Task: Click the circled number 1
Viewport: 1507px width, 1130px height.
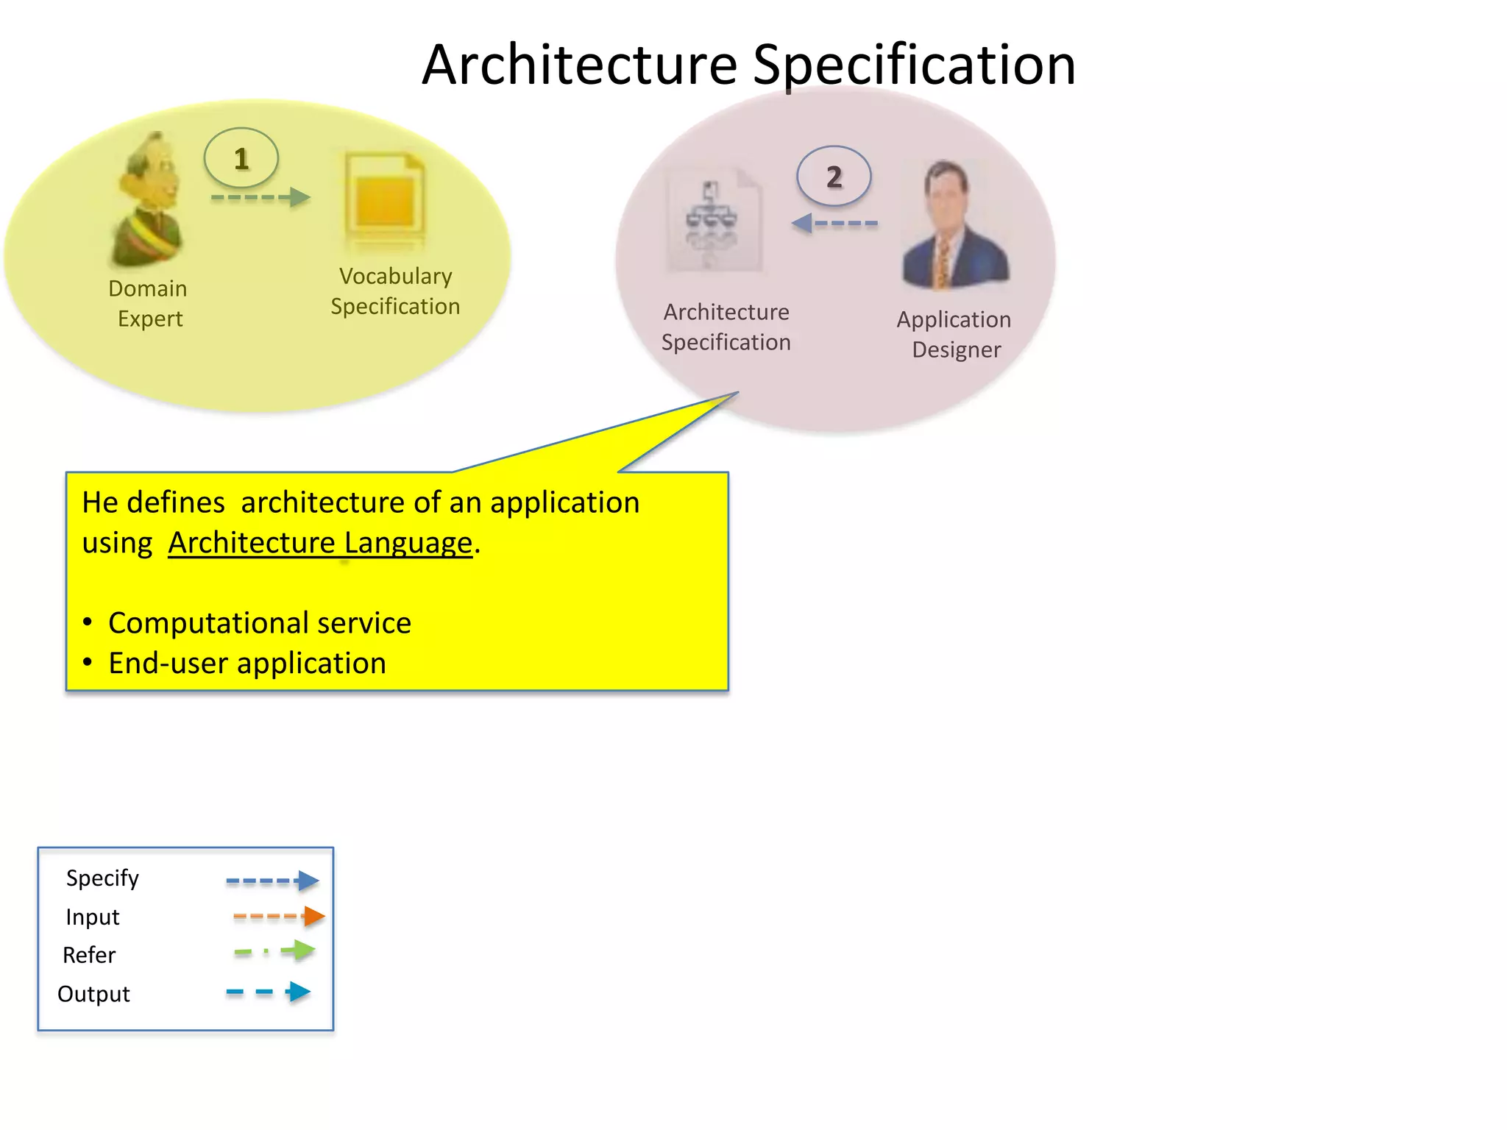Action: point(241,158)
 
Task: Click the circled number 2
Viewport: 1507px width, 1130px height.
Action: point(834,177)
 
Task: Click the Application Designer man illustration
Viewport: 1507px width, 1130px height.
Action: point(954,227)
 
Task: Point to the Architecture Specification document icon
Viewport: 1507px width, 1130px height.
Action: point(714,221)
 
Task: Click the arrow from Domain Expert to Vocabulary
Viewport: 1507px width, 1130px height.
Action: point(260,197)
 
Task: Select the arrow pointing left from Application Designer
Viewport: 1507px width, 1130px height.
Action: point(834,223)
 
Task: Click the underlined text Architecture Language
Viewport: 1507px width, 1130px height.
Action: point(320,543)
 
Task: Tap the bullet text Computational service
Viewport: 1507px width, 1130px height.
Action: point(259,623)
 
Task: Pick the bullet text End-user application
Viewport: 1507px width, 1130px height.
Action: point(247,664)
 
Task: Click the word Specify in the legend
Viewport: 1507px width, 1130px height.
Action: point(102,878)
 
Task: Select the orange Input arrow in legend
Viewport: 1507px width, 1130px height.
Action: point(279,917)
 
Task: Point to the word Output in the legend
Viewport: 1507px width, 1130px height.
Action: point(93,994)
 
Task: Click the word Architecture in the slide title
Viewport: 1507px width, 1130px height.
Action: point(579,65)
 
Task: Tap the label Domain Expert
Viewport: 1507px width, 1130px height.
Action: point(148,303)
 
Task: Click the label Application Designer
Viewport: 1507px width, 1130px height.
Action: point(954,334)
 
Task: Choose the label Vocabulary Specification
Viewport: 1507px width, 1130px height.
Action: point(395,291)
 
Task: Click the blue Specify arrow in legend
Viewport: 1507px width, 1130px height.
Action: point(272,881)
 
